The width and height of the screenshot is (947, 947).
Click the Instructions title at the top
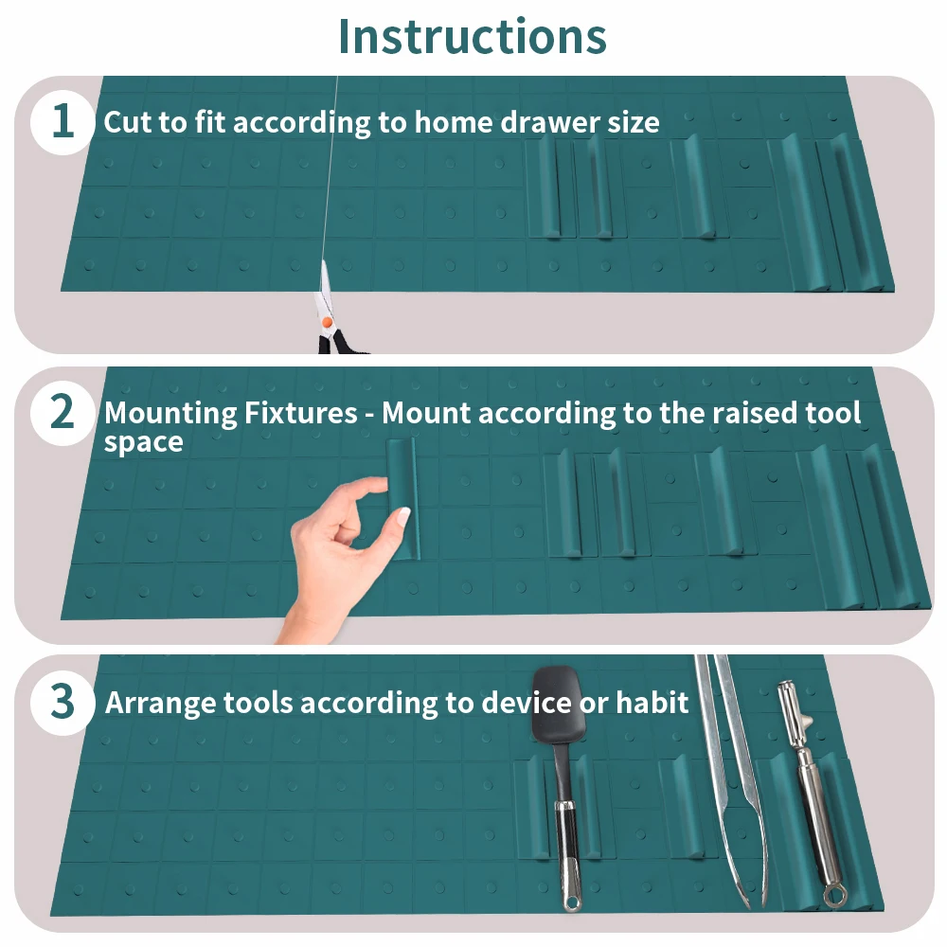click(x=473, y=36)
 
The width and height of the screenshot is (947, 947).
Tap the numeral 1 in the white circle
click(x=63, y=121)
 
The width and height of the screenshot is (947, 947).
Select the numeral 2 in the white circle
click(x=63, y=412)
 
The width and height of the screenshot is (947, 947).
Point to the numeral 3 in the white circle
click(x=63, y=702)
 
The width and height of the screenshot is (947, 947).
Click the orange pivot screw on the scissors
click(x=327, y=323)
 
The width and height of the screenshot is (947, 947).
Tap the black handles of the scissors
click(x=338, y=342)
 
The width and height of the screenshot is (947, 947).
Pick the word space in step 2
click(x=144, y=443)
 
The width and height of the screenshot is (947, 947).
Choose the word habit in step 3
click(x=652, y=703)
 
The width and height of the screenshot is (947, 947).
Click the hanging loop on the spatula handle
click(x=571, y=902)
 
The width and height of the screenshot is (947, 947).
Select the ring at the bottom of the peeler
click(x=835, y=896)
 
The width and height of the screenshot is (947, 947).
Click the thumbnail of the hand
click(x=402, y=516)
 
